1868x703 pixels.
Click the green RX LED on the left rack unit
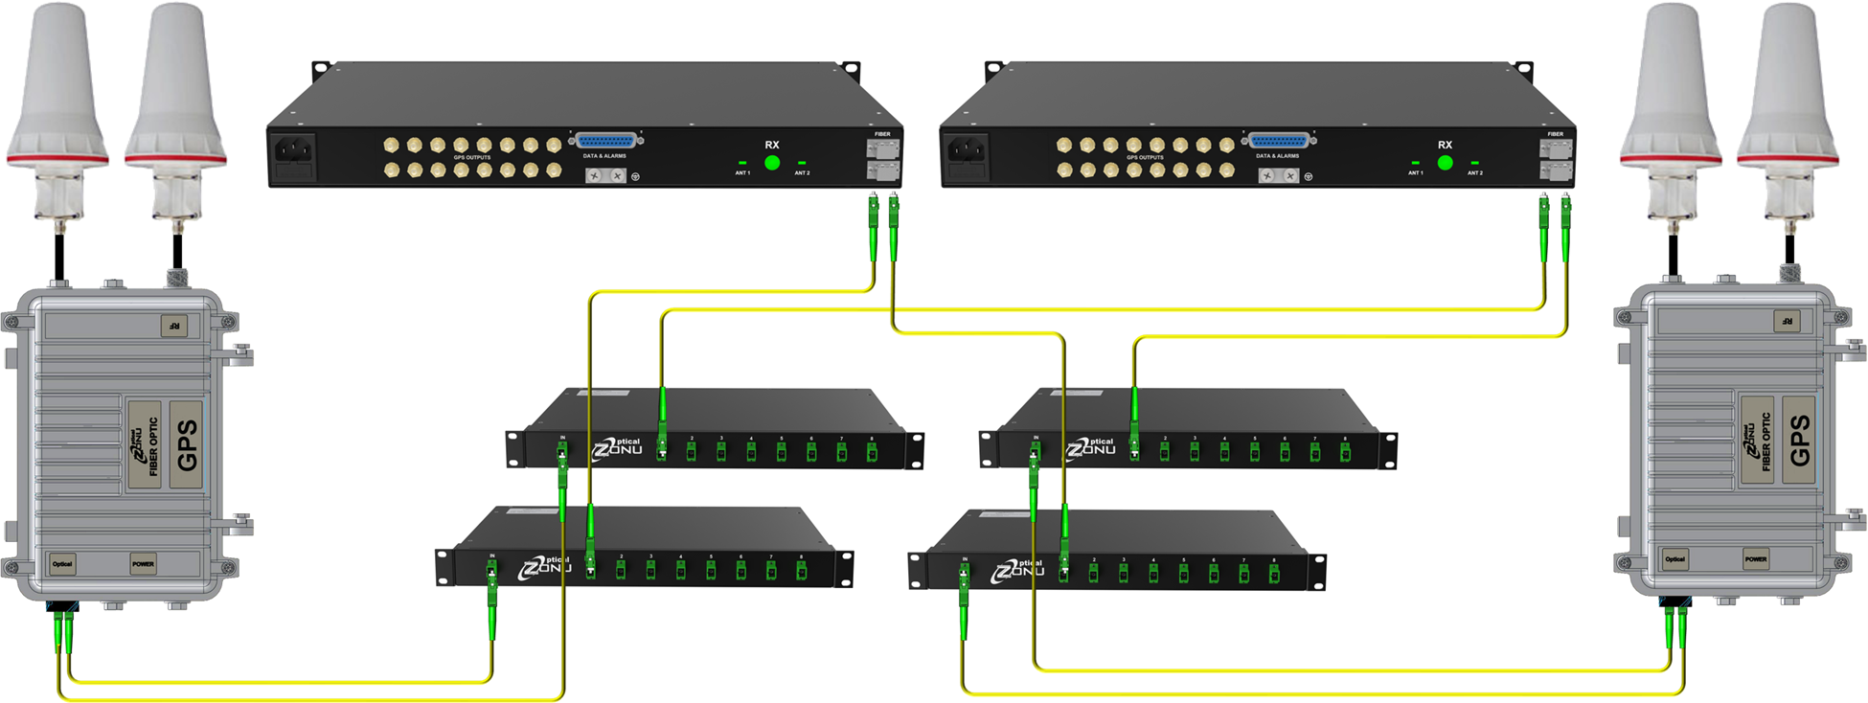pos(772,163)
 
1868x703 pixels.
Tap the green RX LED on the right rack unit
pos(1445,163)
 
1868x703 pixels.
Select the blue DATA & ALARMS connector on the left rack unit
pos(606,141)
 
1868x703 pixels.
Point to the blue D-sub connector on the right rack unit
pos(1279,141)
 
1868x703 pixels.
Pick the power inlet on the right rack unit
pos(967,150)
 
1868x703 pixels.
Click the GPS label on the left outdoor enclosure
pos(188,445)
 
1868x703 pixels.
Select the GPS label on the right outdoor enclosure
pos(1800,441)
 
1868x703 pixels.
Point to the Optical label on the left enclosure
pos(62,564)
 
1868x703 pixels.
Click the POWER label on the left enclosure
pos(143,564)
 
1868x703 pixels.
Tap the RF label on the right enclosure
pos(1787,322)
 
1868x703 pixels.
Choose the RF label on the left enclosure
pos(174,327)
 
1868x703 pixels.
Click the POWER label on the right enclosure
pos(1755,559)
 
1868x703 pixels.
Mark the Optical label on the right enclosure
pos(1674,559)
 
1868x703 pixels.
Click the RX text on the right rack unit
pos(1445,145)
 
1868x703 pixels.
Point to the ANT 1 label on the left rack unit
pos(742,173)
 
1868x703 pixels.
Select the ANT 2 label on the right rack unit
pos(1474,173)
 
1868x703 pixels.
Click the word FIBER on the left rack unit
pos(882,134)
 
